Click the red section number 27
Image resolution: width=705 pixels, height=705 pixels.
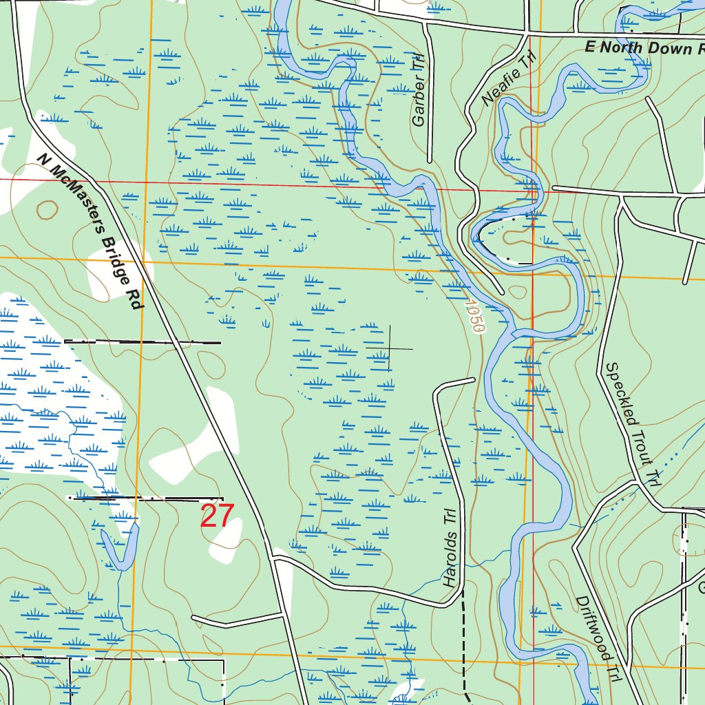[218, 516]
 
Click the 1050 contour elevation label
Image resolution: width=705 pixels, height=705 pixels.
[474, 316]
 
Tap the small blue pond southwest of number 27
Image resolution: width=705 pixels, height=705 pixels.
[120, 547]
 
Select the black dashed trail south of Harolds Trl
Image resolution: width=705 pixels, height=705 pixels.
[463, 640]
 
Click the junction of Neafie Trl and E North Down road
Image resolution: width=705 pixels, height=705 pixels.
[526, 32]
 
